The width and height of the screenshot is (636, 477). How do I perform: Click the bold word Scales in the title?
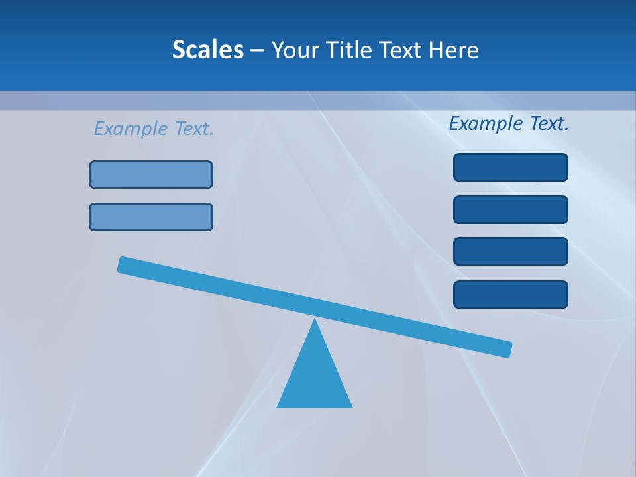pos(207,50)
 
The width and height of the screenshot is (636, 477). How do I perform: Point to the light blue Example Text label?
pos(154,129)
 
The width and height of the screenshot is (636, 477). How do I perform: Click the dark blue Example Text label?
pos(509,123)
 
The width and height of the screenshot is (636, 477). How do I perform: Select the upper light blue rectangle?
pos(151,174)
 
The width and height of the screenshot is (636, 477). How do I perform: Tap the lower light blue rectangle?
pos(151,217)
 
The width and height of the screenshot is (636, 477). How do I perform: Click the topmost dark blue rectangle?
pos(510,167)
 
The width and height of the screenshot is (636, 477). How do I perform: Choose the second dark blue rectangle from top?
pos(510,209)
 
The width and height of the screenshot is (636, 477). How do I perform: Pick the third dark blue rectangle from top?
pos(510,251)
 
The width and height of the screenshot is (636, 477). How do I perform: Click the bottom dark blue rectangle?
pos(510,294)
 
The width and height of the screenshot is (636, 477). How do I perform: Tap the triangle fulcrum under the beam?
pos(315,378)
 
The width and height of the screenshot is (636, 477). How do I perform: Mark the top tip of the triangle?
pos(315,321)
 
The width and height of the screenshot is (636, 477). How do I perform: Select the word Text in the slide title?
pos(400,50)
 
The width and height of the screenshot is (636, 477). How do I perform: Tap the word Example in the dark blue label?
pos(484,123)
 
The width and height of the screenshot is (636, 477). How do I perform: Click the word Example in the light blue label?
pos(130,129)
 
